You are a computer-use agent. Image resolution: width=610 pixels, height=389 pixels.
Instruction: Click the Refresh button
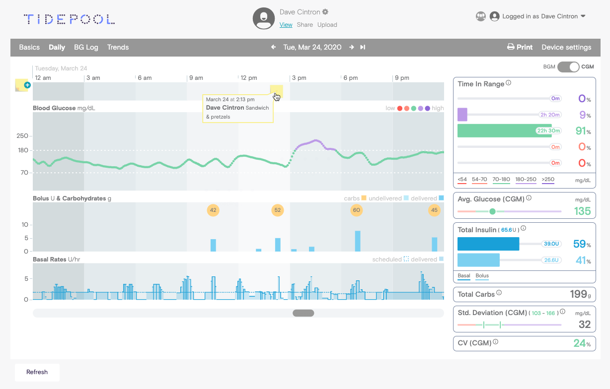click(37, 372)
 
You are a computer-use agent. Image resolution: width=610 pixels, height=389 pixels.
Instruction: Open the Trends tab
click(118, 47)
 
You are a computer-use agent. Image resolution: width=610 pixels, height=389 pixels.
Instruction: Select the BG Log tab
click(86, 47)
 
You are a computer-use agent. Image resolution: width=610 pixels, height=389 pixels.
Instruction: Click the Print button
click(520, 47)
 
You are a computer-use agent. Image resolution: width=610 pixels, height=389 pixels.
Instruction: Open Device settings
click(566, 47)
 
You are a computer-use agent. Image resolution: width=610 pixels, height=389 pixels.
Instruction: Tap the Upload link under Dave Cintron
click(327, 25)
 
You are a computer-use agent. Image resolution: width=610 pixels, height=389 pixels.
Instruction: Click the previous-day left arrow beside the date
click(273, 47)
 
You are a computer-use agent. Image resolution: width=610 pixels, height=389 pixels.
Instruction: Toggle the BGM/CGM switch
click(568, 67)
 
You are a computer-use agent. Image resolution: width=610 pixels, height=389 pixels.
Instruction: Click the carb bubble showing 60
click(356, 210)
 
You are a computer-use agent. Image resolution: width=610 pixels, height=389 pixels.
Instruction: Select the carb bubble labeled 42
click(213, 210)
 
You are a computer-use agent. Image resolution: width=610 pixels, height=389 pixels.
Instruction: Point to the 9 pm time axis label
click(402, 78)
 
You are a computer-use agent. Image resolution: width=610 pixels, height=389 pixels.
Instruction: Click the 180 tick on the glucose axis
click(23, 150)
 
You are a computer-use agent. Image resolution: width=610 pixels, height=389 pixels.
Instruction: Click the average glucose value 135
click(582, 211)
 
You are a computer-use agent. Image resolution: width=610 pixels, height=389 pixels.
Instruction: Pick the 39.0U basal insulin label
click(551, 244)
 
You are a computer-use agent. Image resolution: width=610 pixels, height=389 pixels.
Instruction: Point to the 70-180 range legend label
click(501, 179)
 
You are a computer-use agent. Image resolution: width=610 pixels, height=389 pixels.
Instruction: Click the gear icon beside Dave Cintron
click(325, 12)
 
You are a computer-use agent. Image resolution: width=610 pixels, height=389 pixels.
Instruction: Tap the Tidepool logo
click(69, 19)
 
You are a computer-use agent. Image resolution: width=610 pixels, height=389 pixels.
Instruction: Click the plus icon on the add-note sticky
click(27, 85)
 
